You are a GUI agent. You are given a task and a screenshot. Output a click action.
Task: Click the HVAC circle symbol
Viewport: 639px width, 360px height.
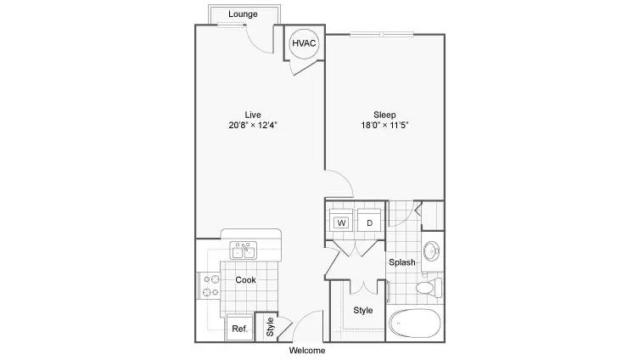304,43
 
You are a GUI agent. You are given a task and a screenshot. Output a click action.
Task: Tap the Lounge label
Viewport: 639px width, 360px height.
243,14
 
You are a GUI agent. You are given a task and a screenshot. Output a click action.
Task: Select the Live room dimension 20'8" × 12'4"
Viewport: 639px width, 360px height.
253,125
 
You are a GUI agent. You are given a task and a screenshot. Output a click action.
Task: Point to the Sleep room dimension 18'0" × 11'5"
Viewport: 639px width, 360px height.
384,125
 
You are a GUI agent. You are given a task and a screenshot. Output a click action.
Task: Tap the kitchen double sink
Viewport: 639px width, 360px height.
244,250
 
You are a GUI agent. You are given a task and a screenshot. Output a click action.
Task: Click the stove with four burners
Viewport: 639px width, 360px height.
210,285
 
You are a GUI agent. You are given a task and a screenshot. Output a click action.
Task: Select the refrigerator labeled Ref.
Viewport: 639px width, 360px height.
239,329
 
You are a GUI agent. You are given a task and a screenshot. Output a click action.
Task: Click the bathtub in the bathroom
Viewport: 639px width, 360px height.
415,323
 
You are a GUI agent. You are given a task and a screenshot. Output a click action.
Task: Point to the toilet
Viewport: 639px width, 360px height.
429,288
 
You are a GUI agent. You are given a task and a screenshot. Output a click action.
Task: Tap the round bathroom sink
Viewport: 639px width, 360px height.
431,251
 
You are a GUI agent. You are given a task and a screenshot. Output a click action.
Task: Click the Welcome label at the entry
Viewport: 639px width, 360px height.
307,350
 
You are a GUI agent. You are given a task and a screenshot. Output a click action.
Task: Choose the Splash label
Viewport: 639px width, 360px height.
402,262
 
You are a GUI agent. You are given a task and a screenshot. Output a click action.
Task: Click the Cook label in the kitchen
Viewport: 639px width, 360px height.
246,279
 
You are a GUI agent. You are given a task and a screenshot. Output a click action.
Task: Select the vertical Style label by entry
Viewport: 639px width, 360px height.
270,327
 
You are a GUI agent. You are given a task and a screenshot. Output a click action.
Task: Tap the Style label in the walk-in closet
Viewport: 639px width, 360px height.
362,310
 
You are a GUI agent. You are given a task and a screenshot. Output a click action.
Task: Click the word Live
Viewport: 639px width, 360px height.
253,115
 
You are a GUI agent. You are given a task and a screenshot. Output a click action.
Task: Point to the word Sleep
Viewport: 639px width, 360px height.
384,115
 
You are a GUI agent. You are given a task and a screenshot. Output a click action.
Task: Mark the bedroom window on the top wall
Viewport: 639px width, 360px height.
382,34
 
